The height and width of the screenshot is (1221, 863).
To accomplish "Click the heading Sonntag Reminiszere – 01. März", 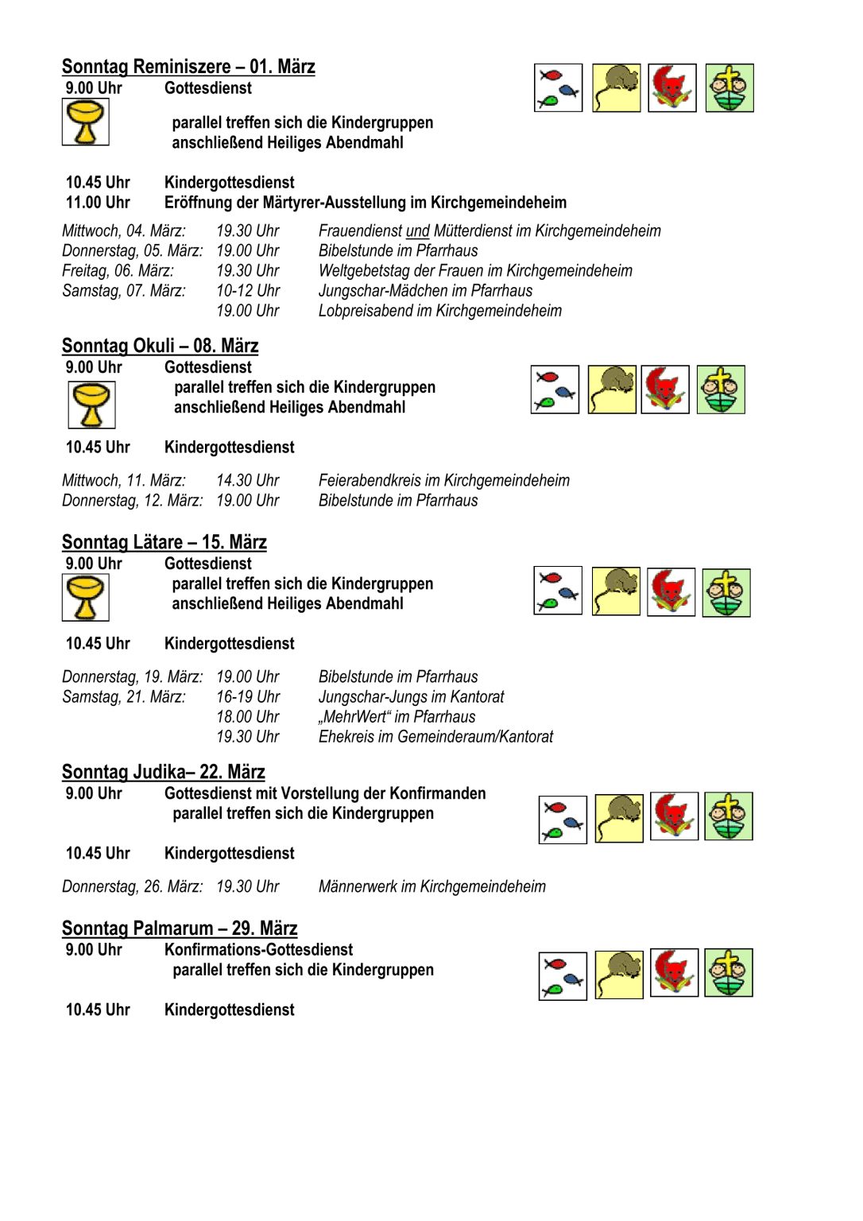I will [188, 67].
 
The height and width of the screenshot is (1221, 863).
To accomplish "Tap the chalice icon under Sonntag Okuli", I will [91, 405].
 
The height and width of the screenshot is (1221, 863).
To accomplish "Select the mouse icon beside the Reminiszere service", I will [616, 88].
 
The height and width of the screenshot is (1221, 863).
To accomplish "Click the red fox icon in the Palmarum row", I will [674, 972].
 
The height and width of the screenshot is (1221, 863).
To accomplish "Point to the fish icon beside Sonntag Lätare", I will [558, 591].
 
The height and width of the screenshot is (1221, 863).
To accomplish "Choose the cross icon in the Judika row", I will [728, 816].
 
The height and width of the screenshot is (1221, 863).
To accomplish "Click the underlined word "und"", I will [417, 231].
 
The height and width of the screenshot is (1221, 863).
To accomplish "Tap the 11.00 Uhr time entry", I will [98, 203].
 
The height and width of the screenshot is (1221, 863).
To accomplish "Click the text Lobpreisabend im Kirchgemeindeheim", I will [439, 311].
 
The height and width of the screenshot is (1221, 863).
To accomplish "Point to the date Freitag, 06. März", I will [118, 271].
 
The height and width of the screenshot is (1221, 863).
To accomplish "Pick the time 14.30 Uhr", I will [247, 481].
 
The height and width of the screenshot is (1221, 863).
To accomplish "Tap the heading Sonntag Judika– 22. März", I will [163, 772].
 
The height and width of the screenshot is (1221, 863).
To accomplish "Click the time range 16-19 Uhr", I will [247, 697].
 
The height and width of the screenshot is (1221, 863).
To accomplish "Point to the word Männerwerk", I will [358, 887].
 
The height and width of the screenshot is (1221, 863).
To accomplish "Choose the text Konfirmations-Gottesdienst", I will [258, 950].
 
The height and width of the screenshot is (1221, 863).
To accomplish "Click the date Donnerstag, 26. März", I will [132, 887].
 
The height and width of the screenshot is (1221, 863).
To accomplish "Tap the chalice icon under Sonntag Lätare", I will [86, 598].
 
